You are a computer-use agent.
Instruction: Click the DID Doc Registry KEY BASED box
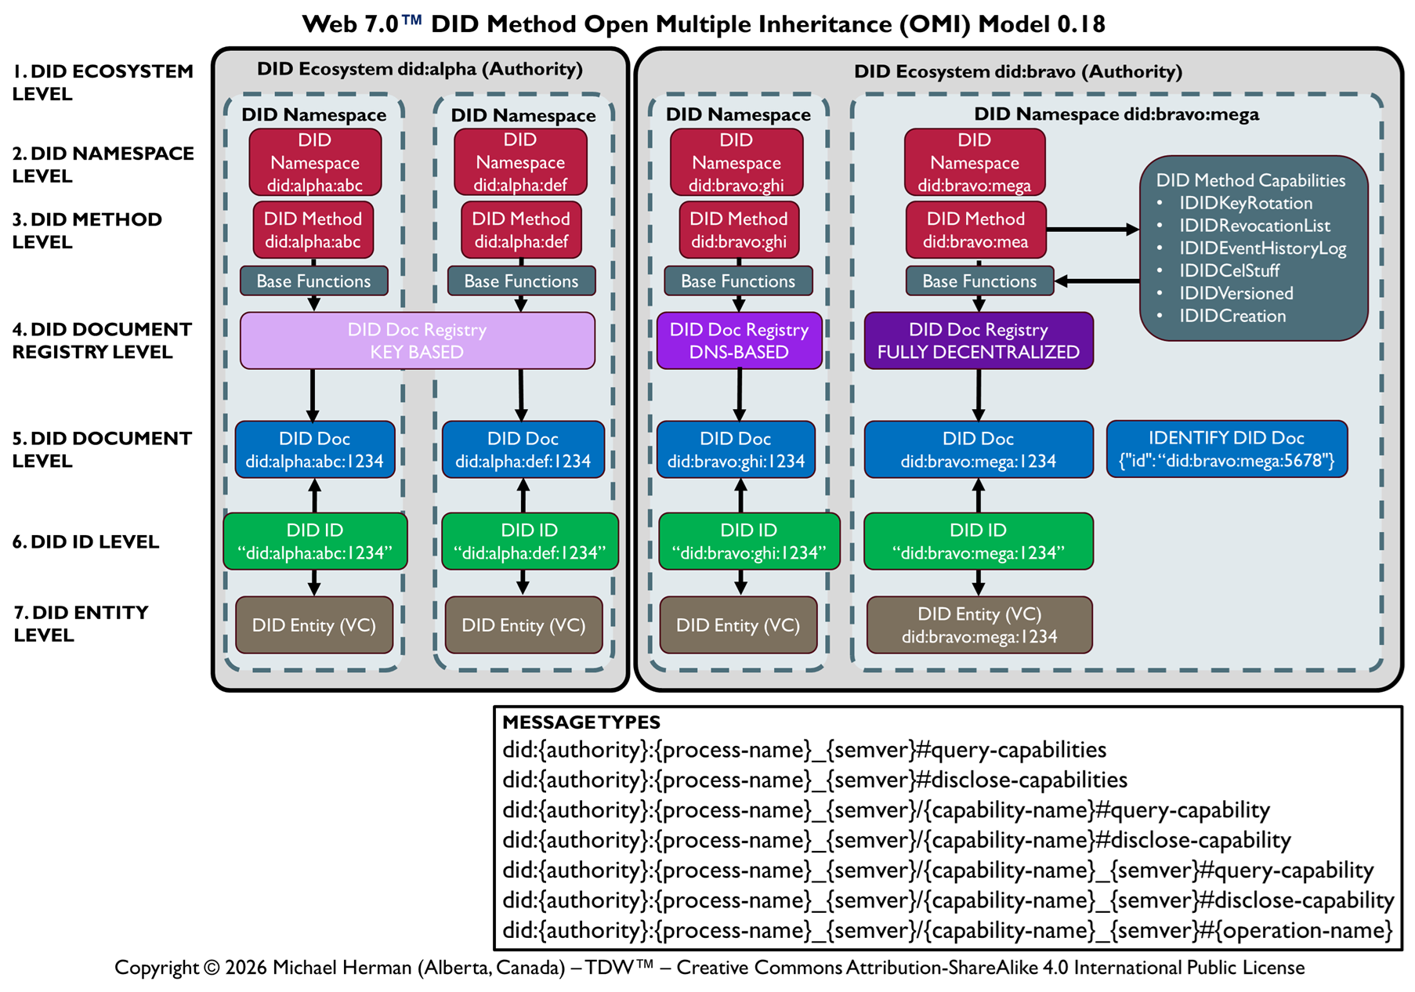point(417,341)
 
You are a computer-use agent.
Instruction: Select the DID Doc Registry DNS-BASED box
point(739,341)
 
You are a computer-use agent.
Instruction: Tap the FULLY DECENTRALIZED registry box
point(978,341)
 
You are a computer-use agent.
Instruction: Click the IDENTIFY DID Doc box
point(1226,449)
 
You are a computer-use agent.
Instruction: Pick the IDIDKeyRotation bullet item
point(1245,204)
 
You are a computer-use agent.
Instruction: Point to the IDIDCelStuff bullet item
point(1229,271)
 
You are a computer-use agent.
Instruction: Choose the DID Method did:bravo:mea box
point(975,230)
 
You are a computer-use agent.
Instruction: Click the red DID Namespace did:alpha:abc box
point(315,162)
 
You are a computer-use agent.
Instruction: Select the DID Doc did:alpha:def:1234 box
point(523,450)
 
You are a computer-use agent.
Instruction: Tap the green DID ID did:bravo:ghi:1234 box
point(748,541)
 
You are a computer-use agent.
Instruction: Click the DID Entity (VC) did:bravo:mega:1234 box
point(979,625)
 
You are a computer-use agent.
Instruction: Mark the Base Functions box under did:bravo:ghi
point(738,281)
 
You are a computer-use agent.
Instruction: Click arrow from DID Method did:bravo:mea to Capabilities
point(1092,230)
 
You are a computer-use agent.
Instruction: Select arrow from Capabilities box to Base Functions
point(1097,281)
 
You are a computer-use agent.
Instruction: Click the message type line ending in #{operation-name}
point(946,931)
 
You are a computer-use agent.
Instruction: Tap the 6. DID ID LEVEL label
point(85,541)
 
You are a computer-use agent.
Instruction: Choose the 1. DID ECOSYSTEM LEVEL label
point(102,82)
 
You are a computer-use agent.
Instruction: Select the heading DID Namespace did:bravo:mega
point(1116,114)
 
